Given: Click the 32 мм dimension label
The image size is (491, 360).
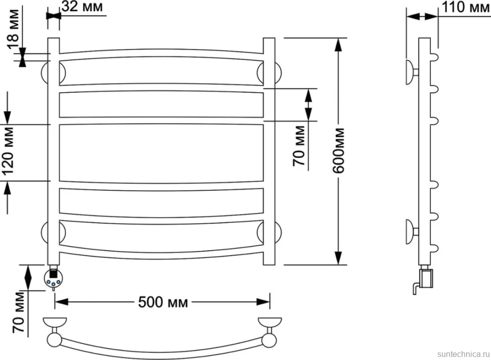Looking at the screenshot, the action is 82,7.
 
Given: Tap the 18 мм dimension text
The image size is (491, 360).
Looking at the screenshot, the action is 14,29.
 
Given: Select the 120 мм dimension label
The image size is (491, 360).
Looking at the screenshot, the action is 9,151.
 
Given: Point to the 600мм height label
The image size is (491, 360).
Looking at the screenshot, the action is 339,151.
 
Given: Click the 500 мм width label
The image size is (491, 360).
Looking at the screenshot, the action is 163,302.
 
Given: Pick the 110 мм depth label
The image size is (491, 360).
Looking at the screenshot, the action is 466,7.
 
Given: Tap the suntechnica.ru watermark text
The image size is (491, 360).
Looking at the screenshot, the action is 464,354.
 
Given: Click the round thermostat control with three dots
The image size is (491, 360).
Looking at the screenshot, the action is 53,278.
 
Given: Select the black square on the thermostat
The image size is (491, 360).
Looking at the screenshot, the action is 53,273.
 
